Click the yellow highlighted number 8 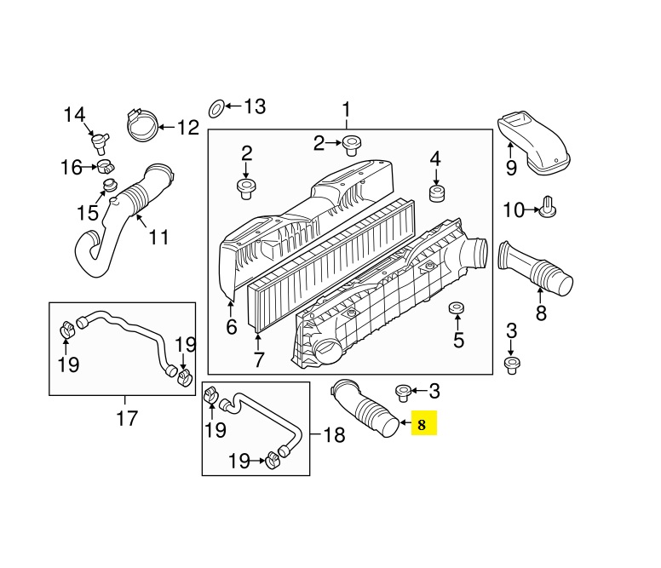pos(422,424)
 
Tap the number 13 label pos(255,106)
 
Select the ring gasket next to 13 pos(217,109)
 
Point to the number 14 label pos(74,115)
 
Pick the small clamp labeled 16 pos(106,167)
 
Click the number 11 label pos(159,238)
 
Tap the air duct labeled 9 pos(533,143)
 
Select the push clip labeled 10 pos(547,207)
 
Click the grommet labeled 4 pos(437,193)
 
